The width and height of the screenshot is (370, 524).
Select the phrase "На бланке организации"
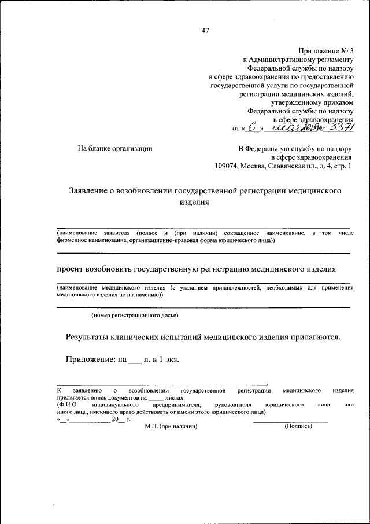click(115, 149)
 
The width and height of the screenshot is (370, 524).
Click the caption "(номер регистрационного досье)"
click(135, 316)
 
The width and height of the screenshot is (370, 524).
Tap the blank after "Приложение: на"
click(134, 360)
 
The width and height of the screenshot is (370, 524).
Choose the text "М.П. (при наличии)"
click(171, 427)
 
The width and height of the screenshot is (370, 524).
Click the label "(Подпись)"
click(298, 427)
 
